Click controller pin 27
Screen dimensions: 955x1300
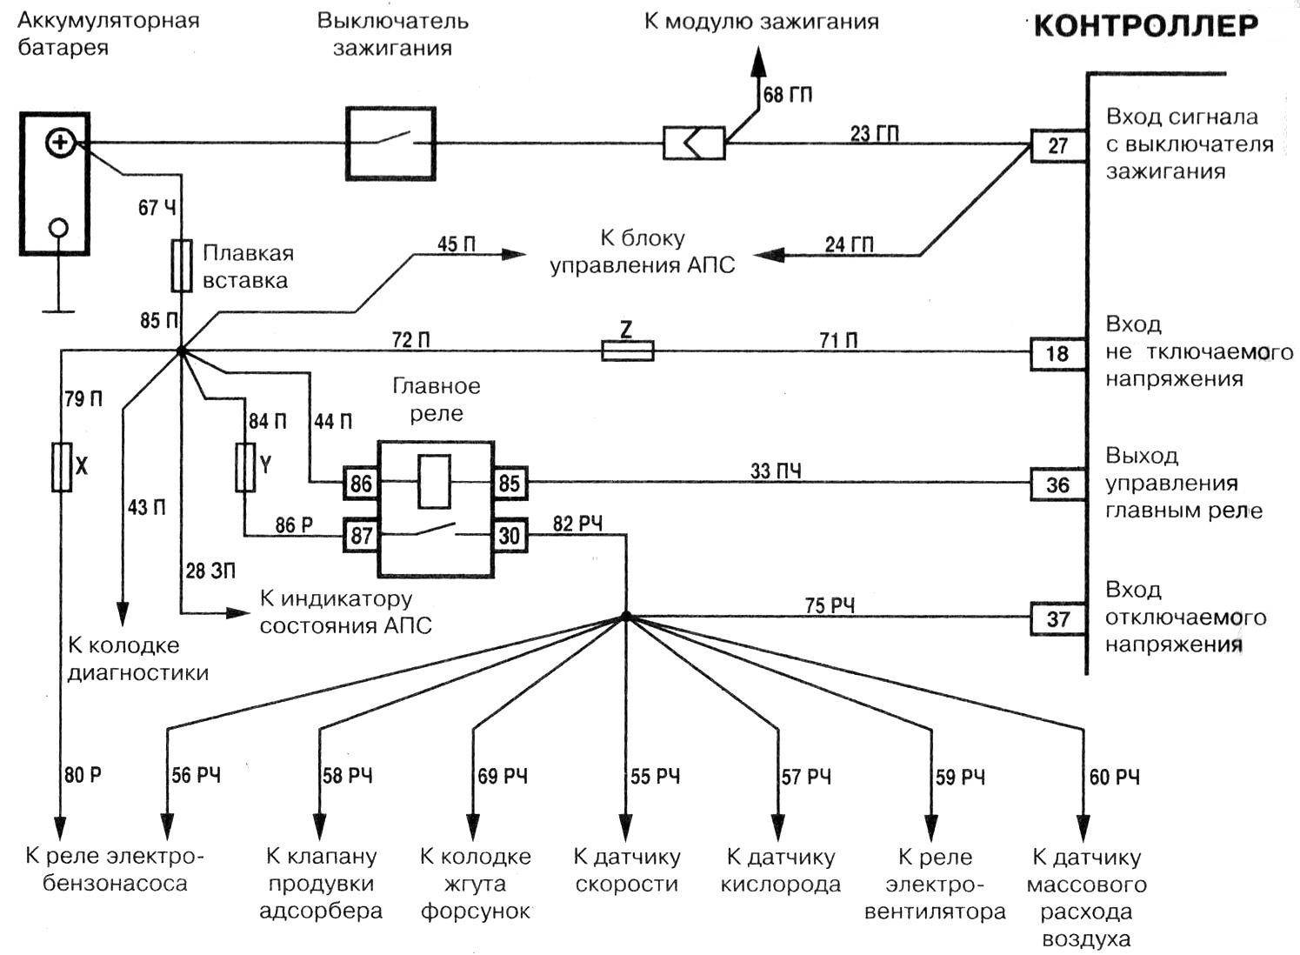point(1057,145)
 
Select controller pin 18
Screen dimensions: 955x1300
point(1057,354)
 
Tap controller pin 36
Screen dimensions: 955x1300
point(1057,484)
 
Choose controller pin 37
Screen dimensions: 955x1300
point(1057,619)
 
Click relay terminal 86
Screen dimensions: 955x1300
point(361,482)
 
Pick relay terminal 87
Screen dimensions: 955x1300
point(361,536)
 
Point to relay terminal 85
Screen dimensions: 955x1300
point(510,482)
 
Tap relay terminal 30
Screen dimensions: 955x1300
point(510,536)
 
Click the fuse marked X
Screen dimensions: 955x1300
point(62,467)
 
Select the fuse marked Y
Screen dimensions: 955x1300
point(246,467)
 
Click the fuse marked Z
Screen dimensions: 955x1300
point(627,351)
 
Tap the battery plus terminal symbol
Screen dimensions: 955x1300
point(60,143)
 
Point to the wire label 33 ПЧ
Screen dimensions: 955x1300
point(776,471)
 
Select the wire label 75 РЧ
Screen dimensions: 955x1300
point(830,605)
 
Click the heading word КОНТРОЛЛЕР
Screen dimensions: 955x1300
point(1145,27)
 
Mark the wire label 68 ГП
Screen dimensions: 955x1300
point(788,95)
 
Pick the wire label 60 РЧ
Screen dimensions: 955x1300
point(1114,777)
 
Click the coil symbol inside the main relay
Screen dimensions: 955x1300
point(434,481)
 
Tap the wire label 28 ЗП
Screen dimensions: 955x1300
point(210,571)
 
